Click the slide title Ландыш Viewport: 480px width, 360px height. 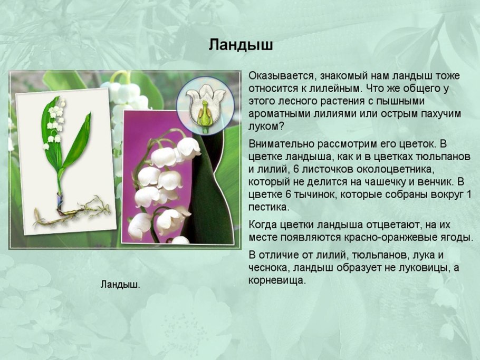[241, 44]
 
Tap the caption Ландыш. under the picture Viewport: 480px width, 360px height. [120, 285]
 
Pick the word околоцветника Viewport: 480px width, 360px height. [387, 169]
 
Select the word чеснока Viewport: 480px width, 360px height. [268, 268]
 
